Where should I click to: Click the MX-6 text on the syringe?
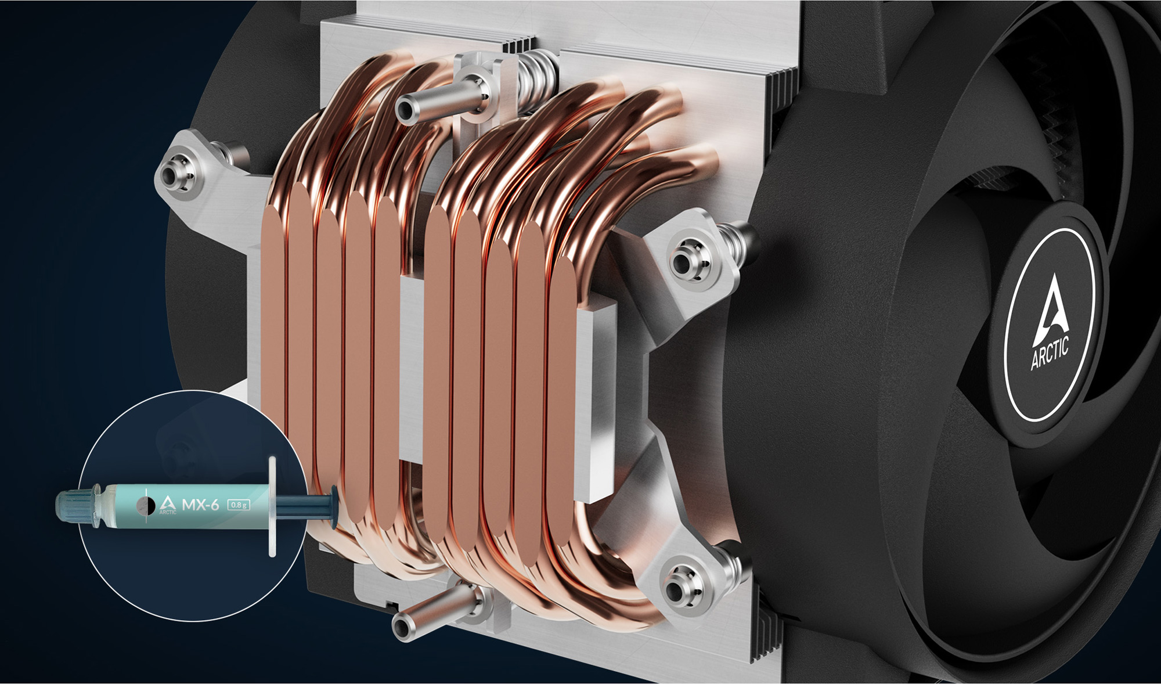(x=200, y=504)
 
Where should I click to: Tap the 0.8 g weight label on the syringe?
(x=239, y=505)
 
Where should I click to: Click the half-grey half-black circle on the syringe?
(x=145, y=506)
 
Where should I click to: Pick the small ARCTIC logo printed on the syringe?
(x=168, y=505)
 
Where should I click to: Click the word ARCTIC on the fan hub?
(x=1050, y=354)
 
